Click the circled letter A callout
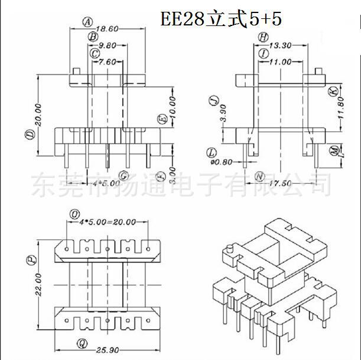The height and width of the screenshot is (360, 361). pos(87,22)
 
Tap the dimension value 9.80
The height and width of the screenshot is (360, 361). pos(108,45)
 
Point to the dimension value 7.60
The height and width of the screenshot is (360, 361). pos(108,61)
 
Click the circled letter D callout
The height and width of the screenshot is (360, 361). pos(29,134)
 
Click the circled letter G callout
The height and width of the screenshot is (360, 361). pos(123,175)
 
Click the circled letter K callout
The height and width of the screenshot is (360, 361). pos(333,91)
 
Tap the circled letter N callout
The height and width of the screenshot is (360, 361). pos(259,176)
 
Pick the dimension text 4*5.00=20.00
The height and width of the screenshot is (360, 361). pos(108,222)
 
